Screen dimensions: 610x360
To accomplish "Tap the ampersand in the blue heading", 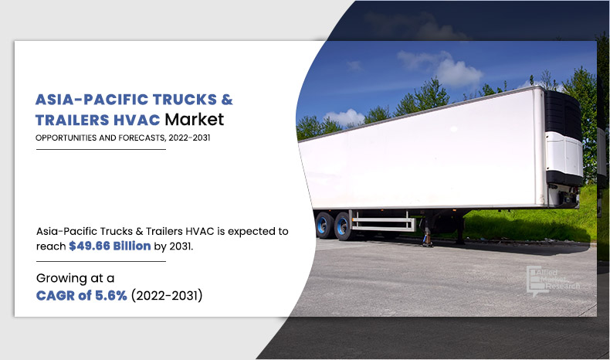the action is tap(227, 100).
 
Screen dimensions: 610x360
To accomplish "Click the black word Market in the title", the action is tap(194, 120).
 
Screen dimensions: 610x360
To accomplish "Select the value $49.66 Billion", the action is tap(110, 246).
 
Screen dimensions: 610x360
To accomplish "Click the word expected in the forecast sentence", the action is tap(246, 232).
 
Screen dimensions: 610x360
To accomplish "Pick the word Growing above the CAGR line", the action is tap(62, 279).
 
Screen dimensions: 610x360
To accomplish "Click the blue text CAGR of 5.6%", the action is tap(82, 296).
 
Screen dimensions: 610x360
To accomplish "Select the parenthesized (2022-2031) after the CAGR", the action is tap(167, 296).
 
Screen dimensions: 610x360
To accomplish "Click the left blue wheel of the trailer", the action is tap(324, 226).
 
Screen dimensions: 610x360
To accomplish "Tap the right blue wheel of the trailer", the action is tap(343, 226).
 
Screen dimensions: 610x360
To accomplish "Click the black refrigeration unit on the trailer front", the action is tap(563, 113).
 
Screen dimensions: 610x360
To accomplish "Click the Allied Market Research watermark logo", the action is tap(552, 281).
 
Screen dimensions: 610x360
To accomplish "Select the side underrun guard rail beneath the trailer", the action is tap(383, 222).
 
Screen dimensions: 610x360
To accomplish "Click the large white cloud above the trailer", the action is tap(443, 68).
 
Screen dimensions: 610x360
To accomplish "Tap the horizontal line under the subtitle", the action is tap(100, 149).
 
